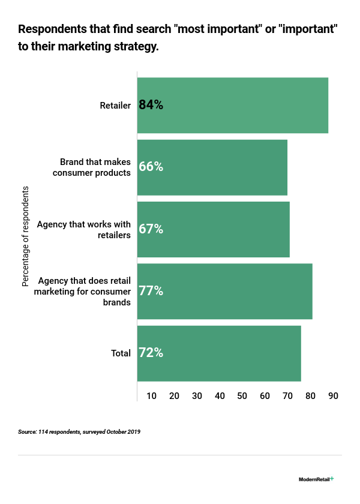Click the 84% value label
[x=151, y=105]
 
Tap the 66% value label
[x=151, y=167]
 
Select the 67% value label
[x=151, y=229]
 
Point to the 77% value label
[x=151, y=291]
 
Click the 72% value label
[x=151, y=353]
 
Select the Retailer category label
[x=115, y=106]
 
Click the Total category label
[x=121, y=353]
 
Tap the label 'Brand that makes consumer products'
[x=95, y=167]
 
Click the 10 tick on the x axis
[x=152, y=396]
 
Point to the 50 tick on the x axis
[x=242, y=396]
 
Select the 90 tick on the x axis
[x=333, y=396]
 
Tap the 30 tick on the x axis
[x=197, y=396]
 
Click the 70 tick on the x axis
[x=288, y=396]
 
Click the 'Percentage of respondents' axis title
[x=26, y=236]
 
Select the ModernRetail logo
[x=316, y=479]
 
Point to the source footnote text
[x=79, y=431]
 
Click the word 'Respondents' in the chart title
[x=52, y=29]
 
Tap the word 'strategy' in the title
[x=136, y=46]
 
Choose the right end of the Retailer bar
[x=327, y=105]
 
